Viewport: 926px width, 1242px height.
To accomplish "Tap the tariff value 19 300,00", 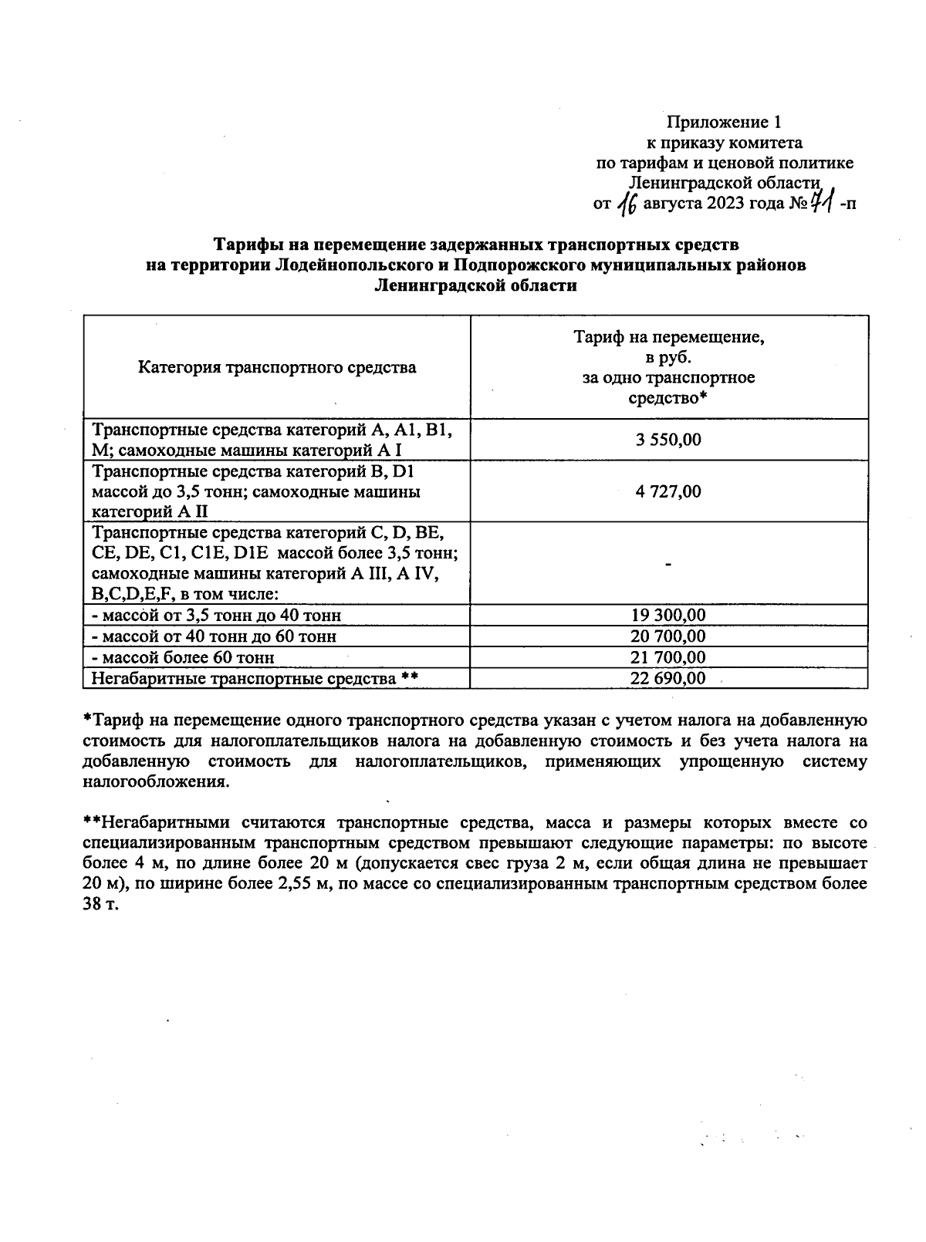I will pyautogui.click(x=668, y=615).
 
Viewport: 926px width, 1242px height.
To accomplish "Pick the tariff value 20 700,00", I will pyautogui.click(x=668, y=636).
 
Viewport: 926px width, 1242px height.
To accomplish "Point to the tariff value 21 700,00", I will pyautogui.click(x=668, y=657).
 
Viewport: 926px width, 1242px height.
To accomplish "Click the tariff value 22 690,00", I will pyautogui.click(x=668, y=678).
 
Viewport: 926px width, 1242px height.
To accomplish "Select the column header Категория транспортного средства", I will pyautogui.click(x=277, y=367).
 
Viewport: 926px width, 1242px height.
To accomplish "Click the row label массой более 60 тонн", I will pyautogui.click(x=183, y=657).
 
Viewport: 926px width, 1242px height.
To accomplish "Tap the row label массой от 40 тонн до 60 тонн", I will pyautogui.click(x=214, y=636).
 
